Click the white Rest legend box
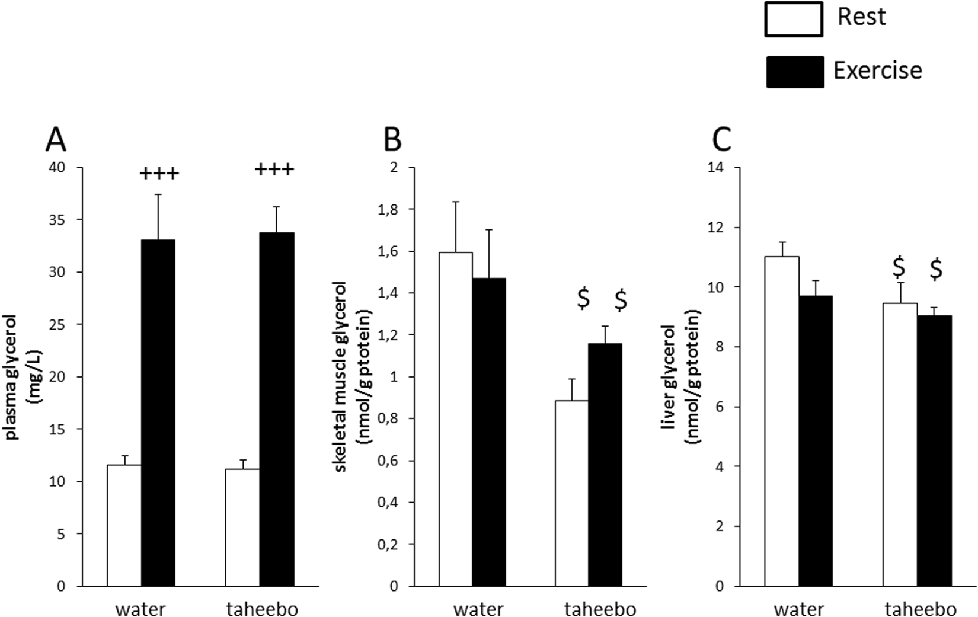tap(793, 20)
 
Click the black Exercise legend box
tap(794, 72)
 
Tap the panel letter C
tap(721, 141)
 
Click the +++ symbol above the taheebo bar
tap(274, 171)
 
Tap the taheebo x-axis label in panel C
tap(921, 609)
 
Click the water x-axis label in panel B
tap(479, 609)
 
